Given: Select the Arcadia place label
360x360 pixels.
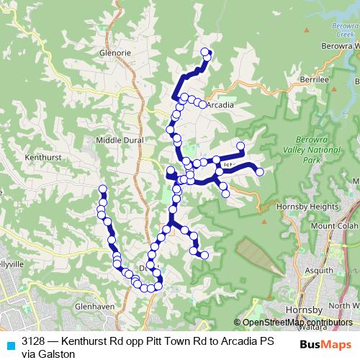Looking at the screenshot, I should pyautogui.click(x=220, y=104).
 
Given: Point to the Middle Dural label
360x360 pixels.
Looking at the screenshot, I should pyautogui.click(x=120, y=140).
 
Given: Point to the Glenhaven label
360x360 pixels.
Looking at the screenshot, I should pyautogui.click(x=95, y=306).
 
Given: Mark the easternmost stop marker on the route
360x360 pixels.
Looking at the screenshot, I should pyautogui.click(x=260, y=171).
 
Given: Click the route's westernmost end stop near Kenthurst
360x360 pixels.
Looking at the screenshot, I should pyautogui.click(x=102, y=189).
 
